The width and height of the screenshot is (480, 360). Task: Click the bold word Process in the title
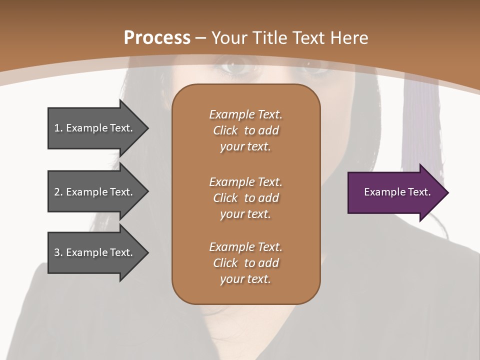pos(157,37)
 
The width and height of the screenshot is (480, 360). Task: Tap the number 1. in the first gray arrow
pos(58,128)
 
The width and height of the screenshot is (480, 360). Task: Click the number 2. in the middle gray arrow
pos(58,192)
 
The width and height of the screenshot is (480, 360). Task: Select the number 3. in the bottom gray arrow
pos(58,252)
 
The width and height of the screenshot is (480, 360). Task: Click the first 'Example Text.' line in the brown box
pos(245,114)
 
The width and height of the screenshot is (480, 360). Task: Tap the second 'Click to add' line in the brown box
pos(245,198)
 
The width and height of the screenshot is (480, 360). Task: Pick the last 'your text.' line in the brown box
pos(245,279)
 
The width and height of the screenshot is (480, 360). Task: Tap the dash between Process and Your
pos(200,38)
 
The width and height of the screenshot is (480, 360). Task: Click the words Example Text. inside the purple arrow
pos(397,192)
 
